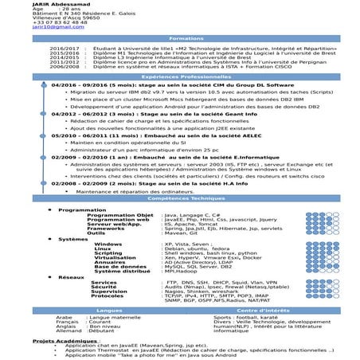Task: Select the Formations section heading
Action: [x=181, y=38]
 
